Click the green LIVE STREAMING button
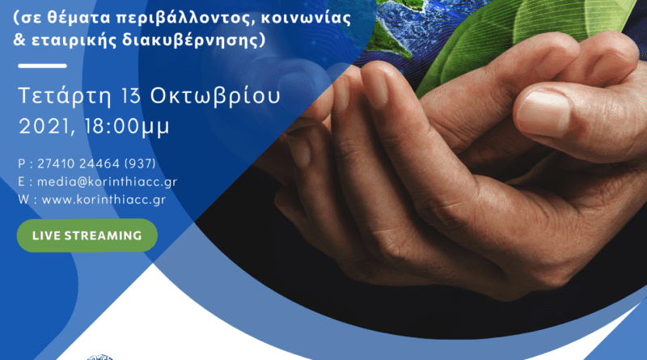click(87, 235)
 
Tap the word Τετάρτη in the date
click(65, 96)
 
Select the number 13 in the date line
click(131, 95)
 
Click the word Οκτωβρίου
click(215, 96)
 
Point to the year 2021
click(44, 126)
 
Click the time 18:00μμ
click(127, 127)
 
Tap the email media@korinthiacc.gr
click(108, 182)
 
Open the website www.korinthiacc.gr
click(104, 200)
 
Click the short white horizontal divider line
click(43, 66)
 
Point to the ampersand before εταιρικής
click(19, 40)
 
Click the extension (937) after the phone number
click(140, 164)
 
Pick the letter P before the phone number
click(22, 164)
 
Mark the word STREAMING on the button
click(103, 235)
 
